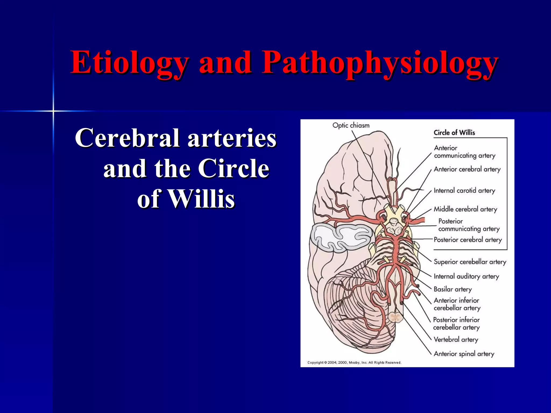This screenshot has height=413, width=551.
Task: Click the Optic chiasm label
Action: tap(351, 125)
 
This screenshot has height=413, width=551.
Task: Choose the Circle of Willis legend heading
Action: tap(454, 133)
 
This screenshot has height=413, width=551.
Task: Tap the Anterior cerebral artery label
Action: tap(467, 169)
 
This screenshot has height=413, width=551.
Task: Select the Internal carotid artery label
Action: tap(464, 191)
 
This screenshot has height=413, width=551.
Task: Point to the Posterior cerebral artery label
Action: tap(468, 240)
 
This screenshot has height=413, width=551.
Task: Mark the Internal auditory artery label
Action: tap(466, 276)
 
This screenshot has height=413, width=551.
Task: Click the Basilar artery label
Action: tap(453, 289)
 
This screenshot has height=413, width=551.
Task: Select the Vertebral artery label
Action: tap(456, 340)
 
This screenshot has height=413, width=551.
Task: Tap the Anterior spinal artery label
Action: tap(464, 354)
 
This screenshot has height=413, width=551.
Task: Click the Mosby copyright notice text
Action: tap(354, 363)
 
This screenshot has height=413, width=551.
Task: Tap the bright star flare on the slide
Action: tap(53, 111)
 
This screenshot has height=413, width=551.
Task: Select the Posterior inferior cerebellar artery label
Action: tap(457, 323)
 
